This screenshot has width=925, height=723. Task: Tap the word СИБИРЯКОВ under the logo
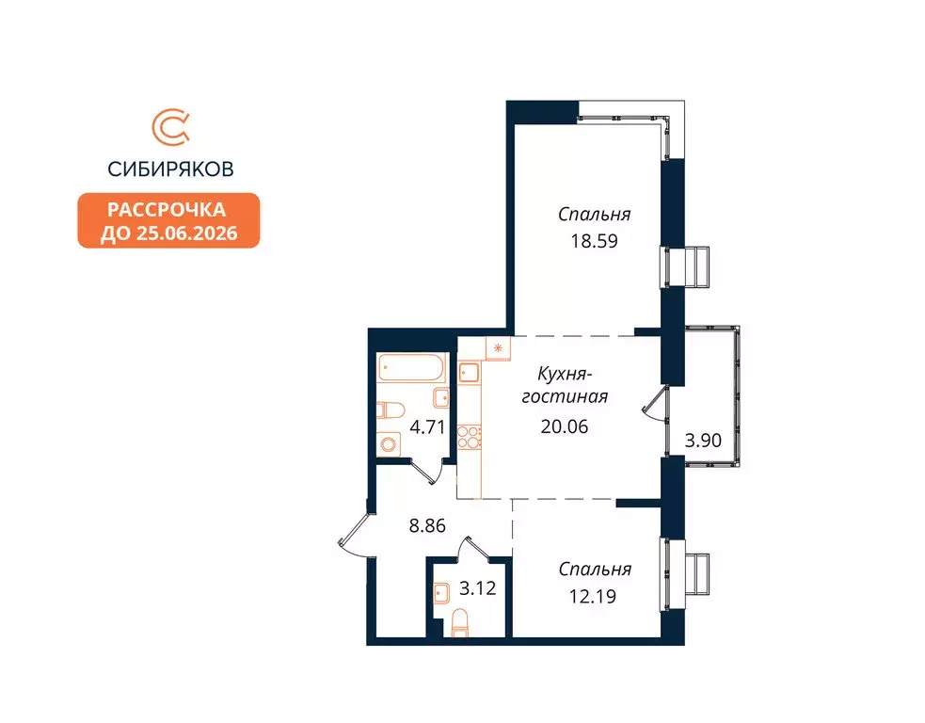(170, 169)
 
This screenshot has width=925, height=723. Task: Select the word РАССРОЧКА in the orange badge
(168, 209)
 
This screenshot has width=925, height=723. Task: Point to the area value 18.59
(593, 239)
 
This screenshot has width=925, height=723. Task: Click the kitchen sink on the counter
(470, 374)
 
